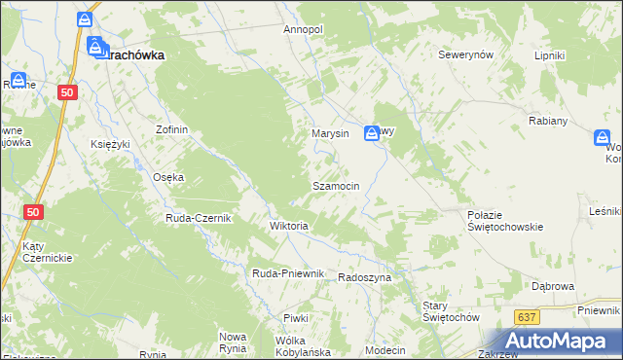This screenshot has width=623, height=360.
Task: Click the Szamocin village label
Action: click(336, 185)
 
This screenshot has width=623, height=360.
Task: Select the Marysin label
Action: click(329, 133)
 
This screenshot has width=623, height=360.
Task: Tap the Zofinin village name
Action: click(171, 129)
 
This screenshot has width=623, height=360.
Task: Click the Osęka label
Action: click(168, 177)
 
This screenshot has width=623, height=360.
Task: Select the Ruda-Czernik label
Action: click(198, 218)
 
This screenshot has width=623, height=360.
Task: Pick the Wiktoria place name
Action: click(288, 226)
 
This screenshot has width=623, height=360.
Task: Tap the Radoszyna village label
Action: click(364, 277)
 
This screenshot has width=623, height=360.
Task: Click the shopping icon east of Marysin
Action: click(372, 134)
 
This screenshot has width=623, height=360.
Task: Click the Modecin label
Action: click(385, 349)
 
